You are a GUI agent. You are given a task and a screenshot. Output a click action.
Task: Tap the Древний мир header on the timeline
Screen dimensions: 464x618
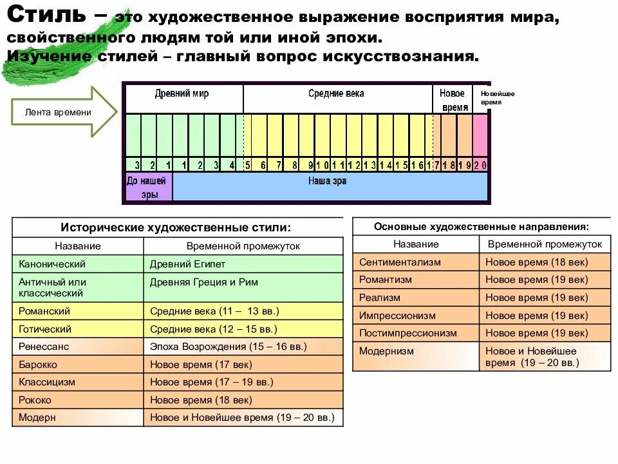(182, 94)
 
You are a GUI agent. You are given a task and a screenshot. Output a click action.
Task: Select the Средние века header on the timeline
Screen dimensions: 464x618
(336, 94)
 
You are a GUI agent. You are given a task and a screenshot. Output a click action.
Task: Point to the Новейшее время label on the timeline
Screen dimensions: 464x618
(497, 98)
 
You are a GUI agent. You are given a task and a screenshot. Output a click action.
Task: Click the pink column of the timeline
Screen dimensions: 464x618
(480, 135)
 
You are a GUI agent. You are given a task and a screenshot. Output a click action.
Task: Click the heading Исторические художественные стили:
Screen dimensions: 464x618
(176, 227)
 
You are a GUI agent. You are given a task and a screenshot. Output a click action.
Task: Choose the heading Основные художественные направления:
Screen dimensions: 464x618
(482, 227)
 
